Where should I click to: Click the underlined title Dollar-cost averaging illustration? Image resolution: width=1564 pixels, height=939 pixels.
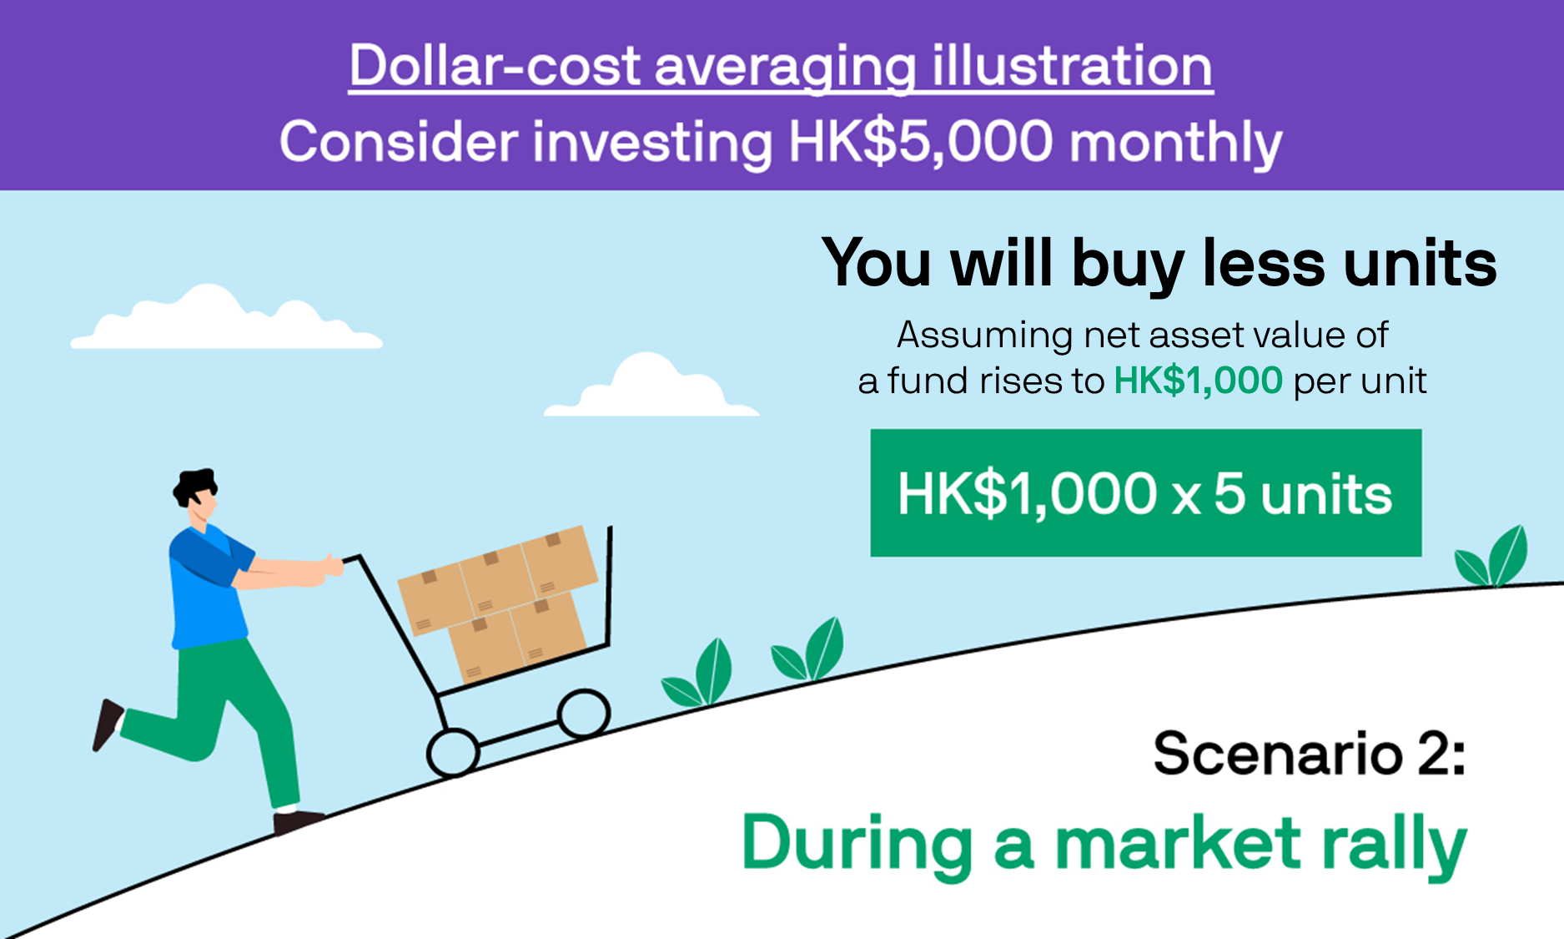click(781, 67)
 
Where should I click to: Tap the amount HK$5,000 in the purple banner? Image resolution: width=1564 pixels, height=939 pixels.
click(921, 142)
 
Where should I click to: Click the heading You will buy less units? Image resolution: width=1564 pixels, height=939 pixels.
click(1159, 264)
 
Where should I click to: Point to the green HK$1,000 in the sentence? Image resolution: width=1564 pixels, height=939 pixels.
click(1198, 381)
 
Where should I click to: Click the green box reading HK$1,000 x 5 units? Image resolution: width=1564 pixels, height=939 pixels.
click(1146, 492)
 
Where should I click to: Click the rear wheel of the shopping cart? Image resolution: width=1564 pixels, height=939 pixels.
click(453, 753)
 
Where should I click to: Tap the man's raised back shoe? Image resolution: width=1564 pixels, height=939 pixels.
click(107, 724)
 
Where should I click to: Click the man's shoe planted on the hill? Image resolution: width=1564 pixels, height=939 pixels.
click(297, 821)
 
